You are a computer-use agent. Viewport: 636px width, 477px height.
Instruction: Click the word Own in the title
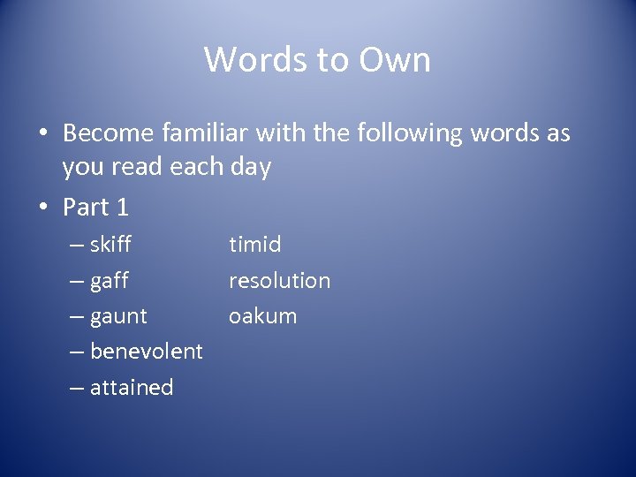(395, 60)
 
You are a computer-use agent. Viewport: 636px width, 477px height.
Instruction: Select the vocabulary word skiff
(110, 244)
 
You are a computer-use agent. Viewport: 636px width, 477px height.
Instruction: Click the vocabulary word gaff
(110, 281)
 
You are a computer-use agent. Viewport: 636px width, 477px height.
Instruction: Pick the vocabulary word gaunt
(118, 316)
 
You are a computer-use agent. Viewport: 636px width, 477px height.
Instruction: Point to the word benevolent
(147, 351)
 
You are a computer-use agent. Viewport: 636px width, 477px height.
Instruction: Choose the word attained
(132, 387)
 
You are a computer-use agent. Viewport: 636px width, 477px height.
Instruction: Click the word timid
(254, 244)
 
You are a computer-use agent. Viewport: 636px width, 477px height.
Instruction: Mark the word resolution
(279, 281)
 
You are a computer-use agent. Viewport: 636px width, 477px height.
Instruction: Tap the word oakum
(262, 316)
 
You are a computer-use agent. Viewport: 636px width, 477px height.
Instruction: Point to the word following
(409, 134)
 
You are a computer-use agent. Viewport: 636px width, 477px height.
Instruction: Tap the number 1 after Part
(122, 207)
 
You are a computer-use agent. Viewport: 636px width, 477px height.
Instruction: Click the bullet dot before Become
(42, 134)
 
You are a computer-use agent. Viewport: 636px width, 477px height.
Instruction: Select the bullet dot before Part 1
(42, 208)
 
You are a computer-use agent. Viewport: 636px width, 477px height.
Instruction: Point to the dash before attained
(76, 388)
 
